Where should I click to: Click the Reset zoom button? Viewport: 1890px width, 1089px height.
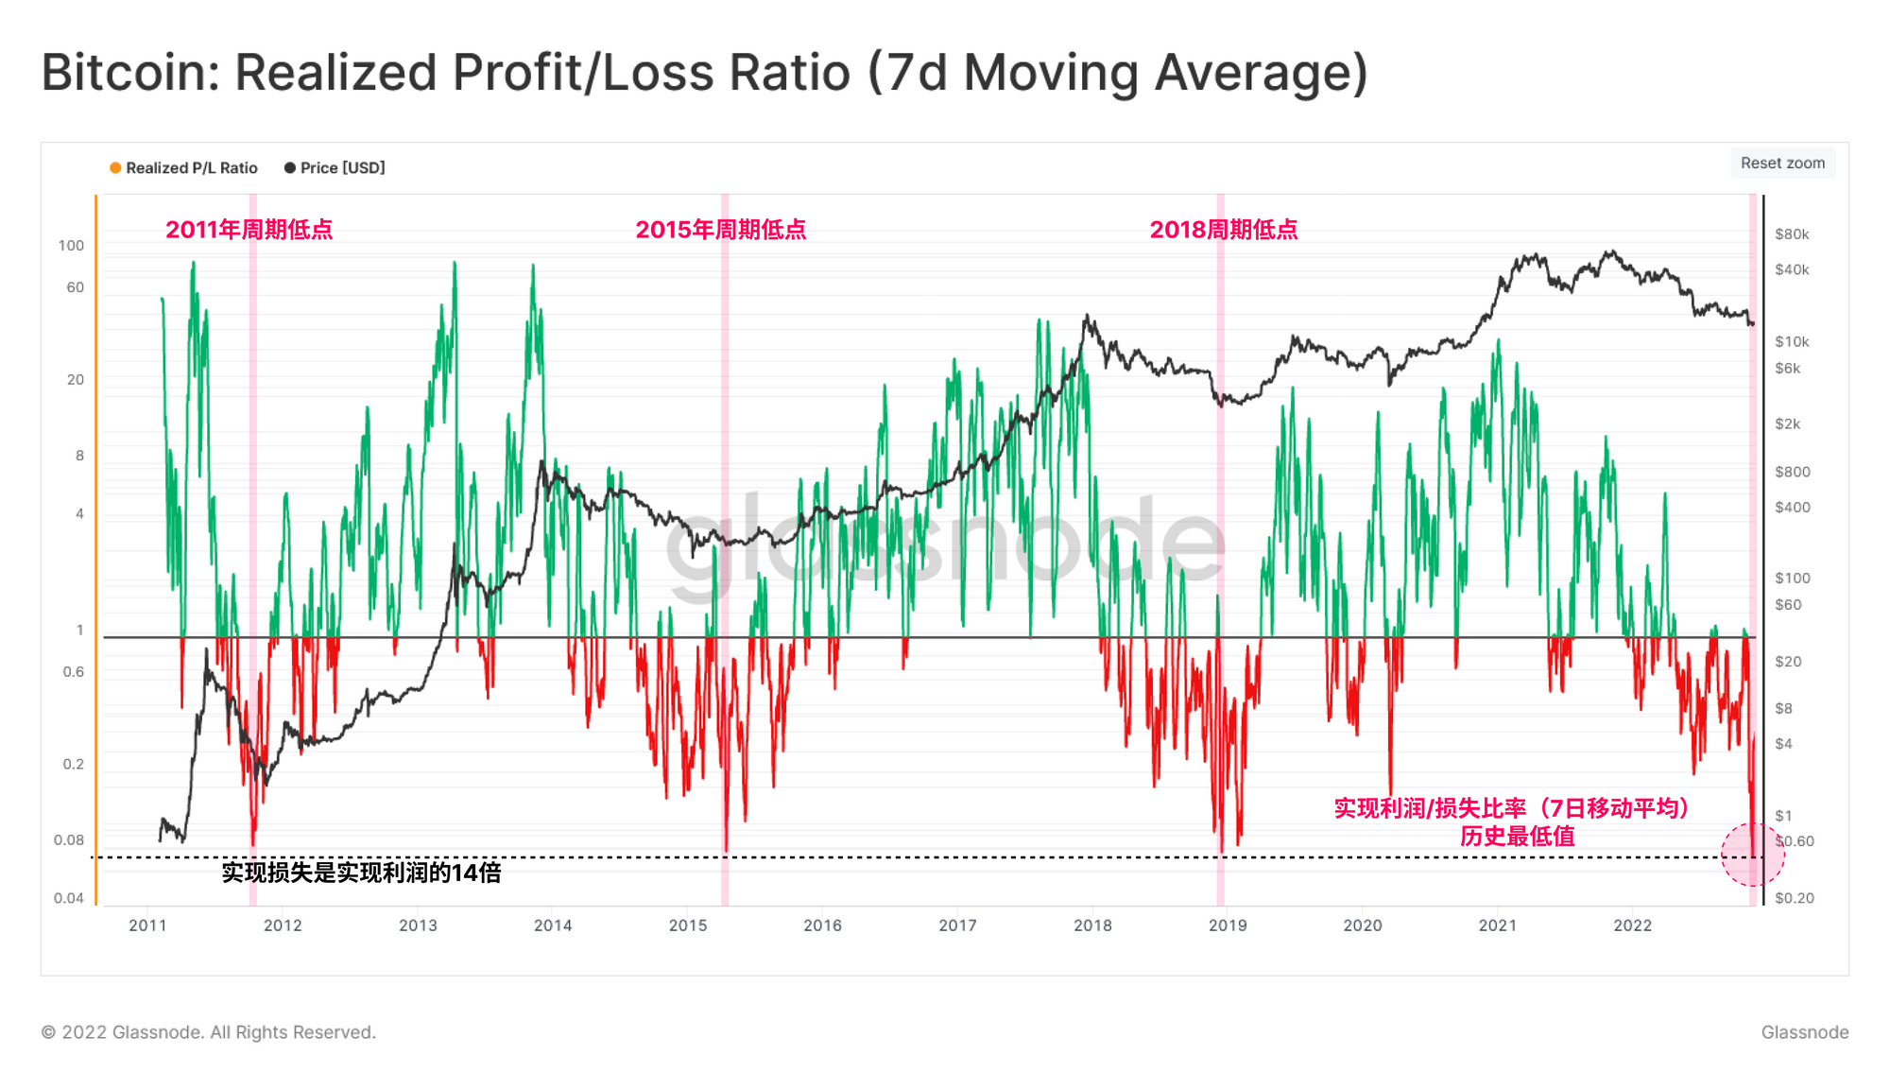pos(1782,163)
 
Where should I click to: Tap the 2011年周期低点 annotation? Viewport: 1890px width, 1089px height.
pos(249,230)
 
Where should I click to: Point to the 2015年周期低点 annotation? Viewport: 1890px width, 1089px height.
pos(720,230)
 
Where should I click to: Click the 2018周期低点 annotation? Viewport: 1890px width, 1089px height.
pos(1223,230)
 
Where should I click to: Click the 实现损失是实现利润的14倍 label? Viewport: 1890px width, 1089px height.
pos(361,873)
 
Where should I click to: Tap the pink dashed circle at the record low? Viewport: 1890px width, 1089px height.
pos(1752,855)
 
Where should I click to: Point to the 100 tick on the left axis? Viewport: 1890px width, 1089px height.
pos(71,246)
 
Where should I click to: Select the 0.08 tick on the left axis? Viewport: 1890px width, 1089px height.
pos(69,840)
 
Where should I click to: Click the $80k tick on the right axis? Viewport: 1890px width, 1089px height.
pos(1792,234)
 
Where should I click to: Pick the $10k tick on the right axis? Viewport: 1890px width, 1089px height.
pos(1792,341)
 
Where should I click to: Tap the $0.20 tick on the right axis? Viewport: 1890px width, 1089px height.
pos(1794,898)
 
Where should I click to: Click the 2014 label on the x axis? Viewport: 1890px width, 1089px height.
pos(553,925)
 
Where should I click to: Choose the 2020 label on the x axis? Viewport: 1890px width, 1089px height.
pos(1362,925)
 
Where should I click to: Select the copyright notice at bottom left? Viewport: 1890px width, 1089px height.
pos(208,1032)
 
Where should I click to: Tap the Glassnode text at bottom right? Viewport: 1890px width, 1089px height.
pos(1804,1032)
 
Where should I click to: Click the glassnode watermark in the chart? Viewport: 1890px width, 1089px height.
pos(945,544)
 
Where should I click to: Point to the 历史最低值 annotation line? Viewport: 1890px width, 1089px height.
pos(1517,837)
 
